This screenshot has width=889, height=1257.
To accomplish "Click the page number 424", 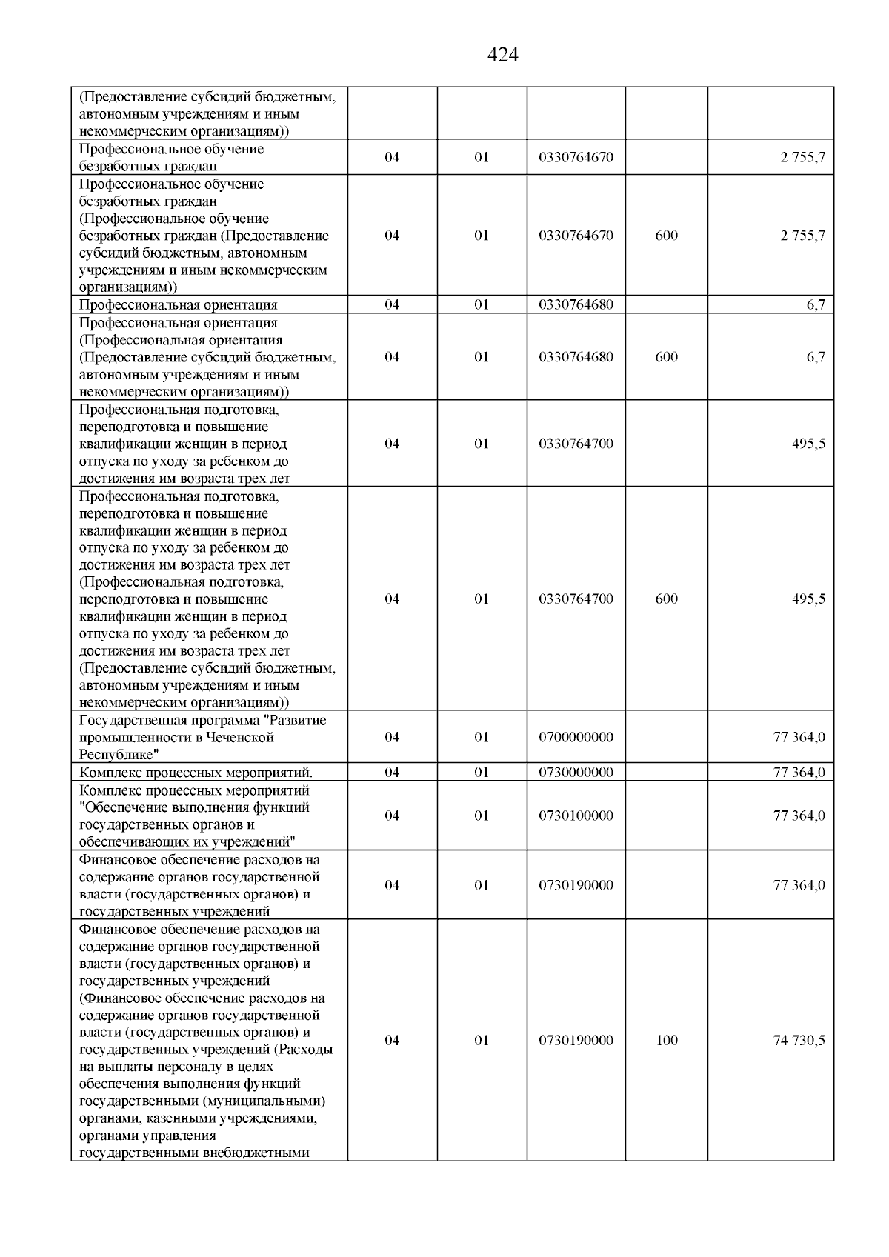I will [x=503, y=55].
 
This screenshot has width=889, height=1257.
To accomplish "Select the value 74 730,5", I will [x=799, y=1040].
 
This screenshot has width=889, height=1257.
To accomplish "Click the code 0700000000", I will [x=576, y=737].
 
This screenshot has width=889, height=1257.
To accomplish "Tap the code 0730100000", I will [x=576, y=816].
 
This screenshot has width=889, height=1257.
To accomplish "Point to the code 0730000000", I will [x=576, y=773].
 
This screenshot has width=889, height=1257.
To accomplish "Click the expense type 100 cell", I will [x=667, y=1040].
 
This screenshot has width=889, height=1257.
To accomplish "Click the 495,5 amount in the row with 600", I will [x=808, y=599].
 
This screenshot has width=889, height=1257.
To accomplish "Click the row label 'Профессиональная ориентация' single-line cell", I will [x=178, y=304].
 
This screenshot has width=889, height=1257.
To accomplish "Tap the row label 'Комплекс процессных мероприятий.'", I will [x=201, y=773].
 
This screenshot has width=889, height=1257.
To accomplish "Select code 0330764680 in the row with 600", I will [x=576, y=357].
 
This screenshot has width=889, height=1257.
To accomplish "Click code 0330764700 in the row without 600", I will [x=576, y=444].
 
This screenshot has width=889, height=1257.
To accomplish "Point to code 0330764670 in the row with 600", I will [x=576, y=236].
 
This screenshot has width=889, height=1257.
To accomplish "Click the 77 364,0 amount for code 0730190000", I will [x=799, y=885].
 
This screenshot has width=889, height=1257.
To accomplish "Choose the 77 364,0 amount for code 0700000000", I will [x=799, y=737].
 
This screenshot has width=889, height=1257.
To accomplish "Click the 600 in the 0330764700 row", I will [x=667, y=599].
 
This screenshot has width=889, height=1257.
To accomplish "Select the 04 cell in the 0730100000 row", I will [x=392, y=816].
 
